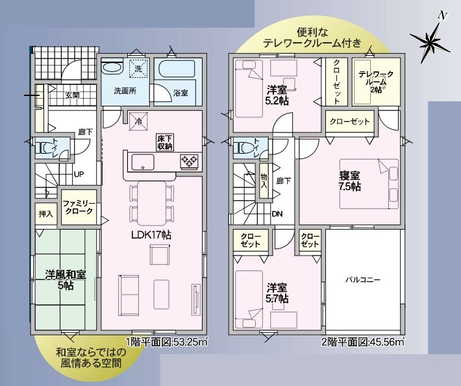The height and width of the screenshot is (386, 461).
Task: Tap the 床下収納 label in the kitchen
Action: (165, 143)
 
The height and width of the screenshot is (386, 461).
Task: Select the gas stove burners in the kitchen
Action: (190, 161)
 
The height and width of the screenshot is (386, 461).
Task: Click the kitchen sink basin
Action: (143, 162)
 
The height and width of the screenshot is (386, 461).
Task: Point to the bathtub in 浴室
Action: (177, 69)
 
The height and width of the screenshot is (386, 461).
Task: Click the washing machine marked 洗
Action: (138, 69)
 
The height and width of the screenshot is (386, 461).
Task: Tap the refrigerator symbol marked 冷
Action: (138, 121)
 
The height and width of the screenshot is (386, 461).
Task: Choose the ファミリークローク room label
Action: (79, 208)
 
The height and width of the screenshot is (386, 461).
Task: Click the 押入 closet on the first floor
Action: (46, 214)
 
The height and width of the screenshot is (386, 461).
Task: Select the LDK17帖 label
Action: (151, 235)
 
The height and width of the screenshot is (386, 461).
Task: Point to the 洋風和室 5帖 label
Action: (66, 280)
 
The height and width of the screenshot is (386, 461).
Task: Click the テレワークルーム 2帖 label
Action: (376, 82)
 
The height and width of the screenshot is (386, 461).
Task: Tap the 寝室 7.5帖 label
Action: (350, 181)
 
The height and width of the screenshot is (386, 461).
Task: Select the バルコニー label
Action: (363, 280)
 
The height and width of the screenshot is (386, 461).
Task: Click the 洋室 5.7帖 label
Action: (277, 293)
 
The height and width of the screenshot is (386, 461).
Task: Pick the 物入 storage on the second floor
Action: (264, 180)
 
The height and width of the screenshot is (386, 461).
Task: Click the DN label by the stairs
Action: (277, 214)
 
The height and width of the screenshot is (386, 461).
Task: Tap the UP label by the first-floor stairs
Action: (79, 175)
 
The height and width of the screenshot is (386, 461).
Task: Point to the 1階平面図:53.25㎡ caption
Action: (168, 342)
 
